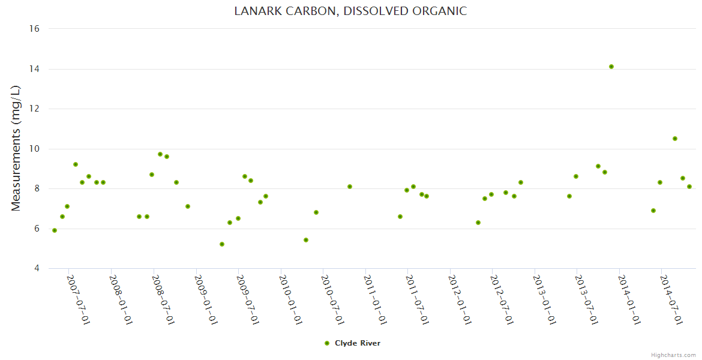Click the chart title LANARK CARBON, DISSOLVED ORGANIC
coord(350,11)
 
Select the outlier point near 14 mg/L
coord(611,67)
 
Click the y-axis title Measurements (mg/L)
coord(16,148)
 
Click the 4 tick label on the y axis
coord(37,269)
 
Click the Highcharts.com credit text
coord(673,355)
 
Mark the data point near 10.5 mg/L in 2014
coord(675,139)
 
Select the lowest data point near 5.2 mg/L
coord(222,244)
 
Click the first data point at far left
coord(55,230)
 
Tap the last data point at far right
coord(689,187)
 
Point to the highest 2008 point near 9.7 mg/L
coord(160,154)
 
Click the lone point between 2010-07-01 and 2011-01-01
coord(350,187)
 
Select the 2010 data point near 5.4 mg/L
coord(306,240)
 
